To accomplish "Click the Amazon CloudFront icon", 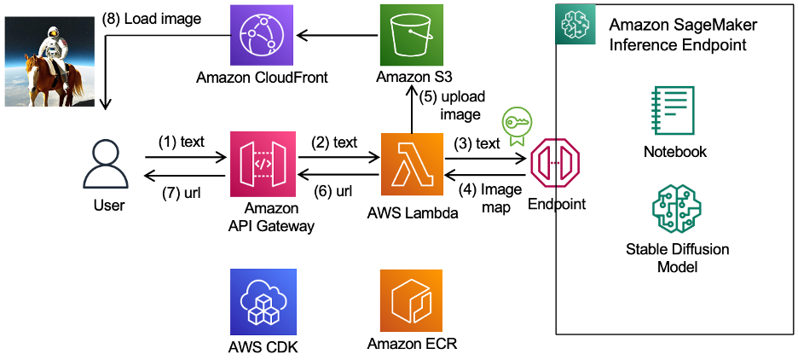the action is point(262,36).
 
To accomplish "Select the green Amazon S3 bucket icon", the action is point(412,36).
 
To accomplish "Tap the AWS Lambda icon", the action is point(412,164).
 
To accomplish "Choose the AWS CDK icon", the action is point(262,301).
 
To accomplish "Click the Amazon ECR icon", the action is point(412,301).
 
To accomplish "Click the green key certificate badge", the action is point(515,125).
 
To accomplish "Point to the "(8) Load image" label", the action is point(152,20).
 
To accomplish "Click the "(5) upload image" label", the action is point(452,106).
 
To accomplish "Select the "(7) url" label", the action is point(181,193).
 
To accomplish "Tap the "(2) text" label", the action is point(334,142).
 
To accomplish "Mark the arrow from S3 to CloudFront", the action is point(338,36).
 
